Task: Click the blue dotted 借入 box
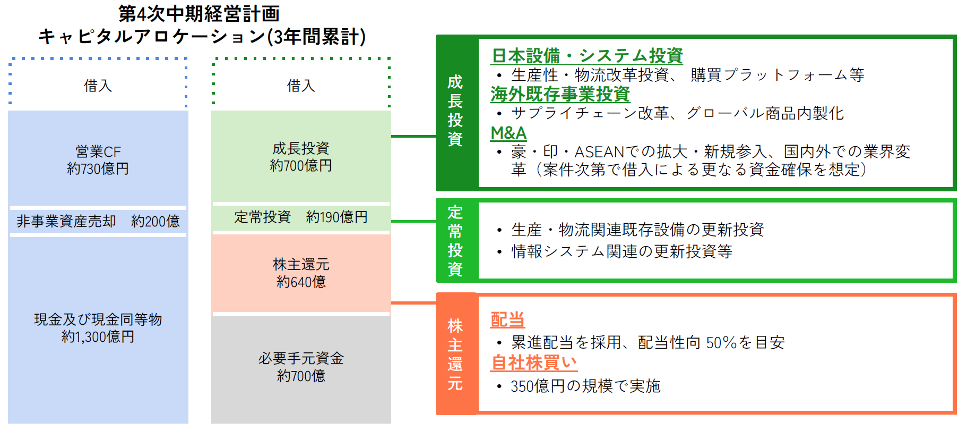(98, 85)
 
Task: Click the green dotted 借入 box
(301, 85)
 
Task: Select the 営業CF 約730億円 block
(98, 159)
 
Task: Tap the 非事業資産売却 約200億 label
(98, 221)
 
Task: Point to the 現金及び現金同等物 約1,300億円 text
(98, 328)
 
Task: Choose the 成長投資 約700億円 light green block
(301, 157)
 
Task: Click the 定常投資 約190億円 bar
(301, 217)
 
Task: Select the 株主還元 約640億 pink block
(301, 273)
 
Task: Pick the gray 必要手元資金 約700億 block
(301, 367)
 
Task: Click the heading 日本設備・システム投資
(587, 55)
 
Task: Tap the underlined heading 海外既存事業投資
(560, 94)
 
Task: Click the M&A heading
(508, 133)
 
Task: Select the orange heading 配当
(507, 319)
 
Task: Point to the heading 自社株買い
(534, 362)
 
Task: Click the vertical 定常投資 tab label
(455, 241)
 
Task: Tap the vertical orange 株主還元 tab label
(455, 355)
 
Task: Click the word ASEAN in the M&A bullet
(599, 152)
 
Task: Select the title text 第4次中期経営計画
(199, 13)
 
